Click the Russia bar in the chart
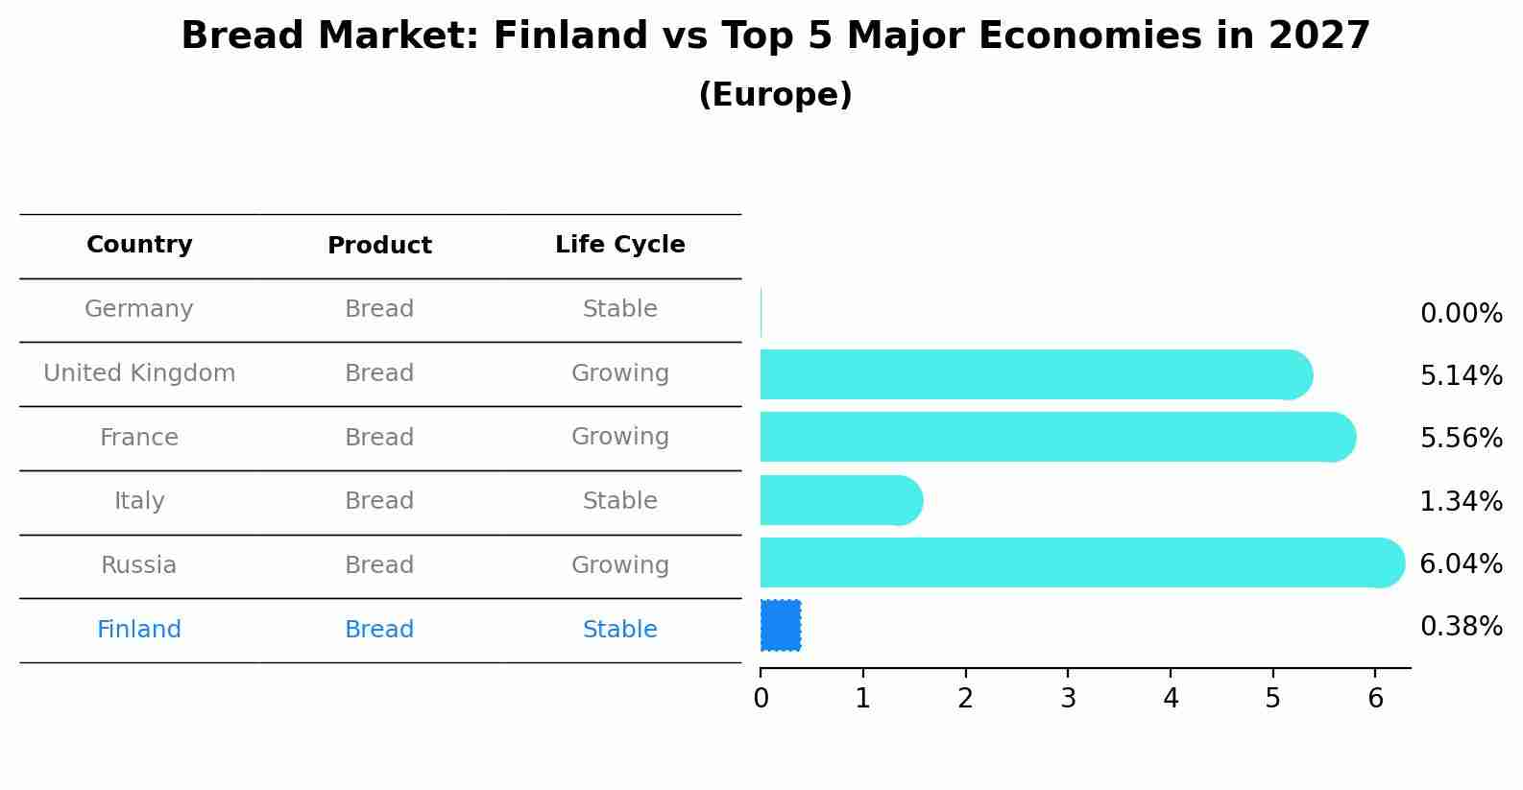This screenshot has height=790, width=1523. (1082, 563)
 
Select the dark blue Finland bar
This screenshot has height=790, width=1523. (781, 626)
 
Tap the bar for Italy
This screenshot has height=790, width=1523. (842, 500)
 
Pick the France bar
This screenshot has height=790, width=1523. (1058, 437)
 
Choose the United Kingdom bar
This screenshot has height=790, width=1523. (1036, 374)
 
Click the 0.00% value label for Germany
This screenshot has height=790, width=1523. (1462, 314)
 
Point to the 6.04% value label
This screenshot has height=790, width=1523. (1462, 563)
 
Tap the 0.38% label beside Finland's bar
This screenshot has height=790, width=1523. (1462, 626)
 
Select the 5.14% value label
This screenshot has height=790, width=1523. (1462, 375)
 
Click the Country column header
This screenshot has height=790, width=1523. (139, 244)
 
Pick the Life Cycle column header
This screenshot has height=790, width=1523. (620, 244)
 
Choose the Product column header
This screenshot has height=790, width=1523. (379, 245)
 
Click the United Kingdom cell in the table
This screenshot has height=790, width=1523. (139, 372)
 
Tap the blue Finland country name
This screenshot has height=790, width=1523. (139, 629)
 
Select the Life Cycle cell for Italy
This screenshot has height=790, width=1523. (620, 500)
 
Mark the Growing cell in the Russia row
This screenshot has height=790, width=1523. (620, 565)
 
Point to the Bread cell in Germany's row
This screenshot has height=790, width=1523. (379, 309)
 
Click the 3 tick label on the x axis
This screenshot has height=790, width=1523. (1068, 698)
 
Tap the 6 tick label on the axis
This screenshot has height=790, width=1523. (1375, 698)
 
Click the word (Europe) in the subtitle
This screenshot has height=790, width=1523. (775, 94)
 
